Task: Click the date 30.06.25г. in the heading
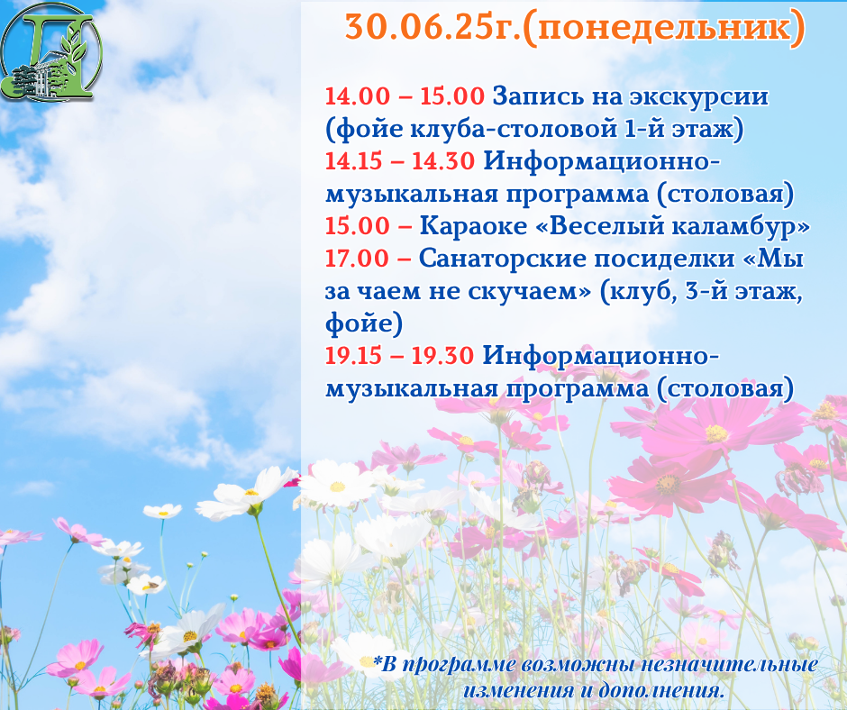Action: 433,27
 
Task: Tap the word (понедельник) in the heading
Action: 664,28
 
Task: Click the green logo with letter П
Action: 51,51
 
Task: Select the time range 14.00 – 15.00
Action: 405,96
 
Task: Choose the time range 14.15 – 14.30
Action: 400,161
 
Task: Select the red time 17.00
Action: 357,259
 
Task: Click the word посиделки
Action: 664,259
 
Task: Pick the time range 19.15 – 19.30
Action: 399,356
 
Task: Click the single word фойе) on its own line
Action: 364,323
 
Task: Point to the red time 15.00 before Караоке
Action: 357,226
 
